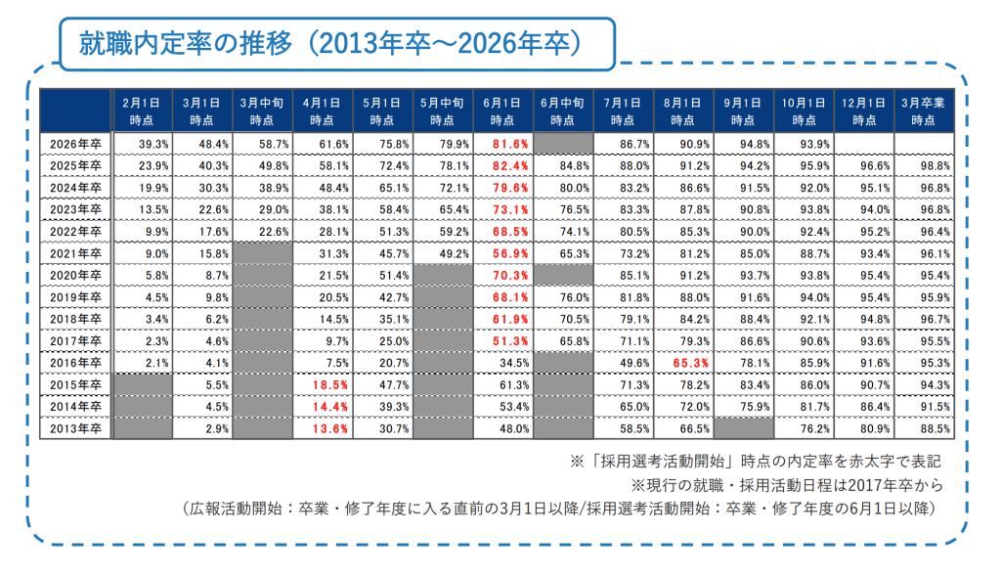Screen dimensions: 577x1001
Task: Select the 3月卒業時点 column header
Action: (922, 110)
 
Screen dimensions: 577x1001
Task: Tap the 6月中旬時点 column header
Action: (562, 110)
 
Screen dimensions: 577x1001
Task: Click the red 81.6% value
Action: (505, 144)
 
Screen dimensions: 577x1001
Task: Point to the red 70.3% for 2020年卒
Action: (505, 275)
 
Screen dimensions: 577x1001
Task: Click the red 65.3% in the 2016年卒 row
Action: (683, 362)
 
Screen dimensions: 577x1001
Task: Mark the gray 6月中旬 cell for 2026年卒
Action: (562, 144)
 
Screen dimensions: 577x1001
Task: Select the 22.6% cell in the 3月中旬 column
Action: (264, 231)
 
